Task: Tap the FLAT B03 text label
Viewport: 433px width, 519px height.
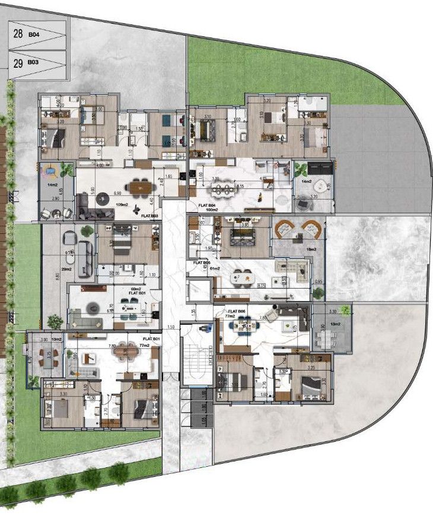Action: (x=149, y=217)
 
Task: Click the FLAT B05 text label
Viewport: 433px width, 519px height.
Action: (x=202, y=262)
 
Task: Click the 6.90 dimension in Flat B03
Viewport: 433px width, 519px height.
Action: (x=117, y=194)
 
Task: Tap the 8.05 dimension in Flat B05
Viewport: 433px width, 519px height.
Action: (x=261, y=286)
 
